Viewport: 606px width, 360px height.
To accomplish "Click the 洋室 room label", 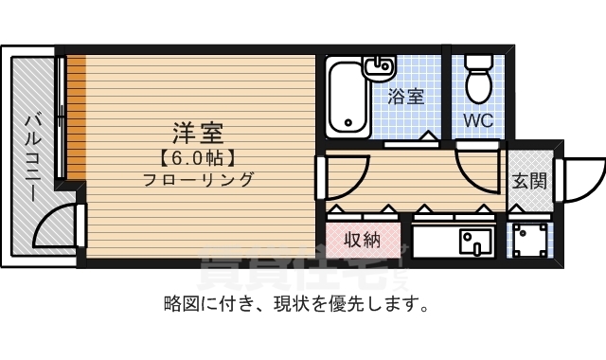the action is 197,133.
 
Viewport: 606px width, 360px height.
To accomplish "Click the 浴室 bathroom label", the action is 405,95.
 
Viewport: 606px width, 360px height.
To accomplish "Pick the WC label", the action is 477,120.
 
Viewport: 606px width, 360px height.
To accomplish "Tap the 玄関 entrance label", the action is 529,179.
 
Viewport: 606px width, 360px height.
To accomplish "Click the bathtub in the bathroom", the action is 348,99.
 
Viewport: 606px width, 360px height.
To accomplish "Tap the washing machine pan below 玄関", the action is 529,241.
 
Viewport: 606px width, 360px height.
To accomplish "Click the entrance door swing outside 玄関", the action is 580,178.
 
